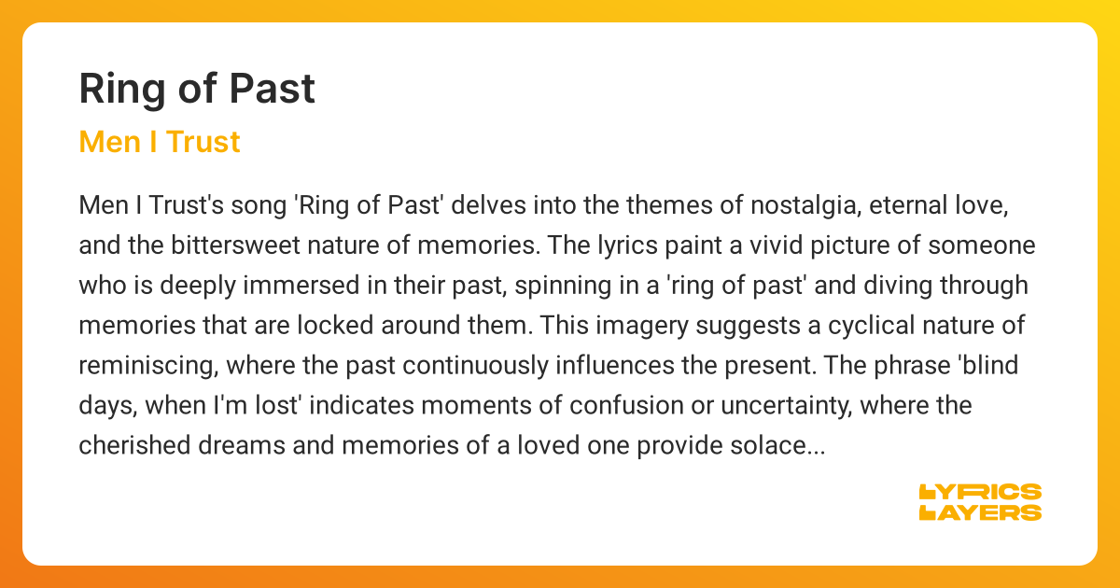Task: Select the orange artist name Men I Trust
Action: click(160, 142)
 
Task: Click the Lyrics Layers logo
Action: click(980, 502)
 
